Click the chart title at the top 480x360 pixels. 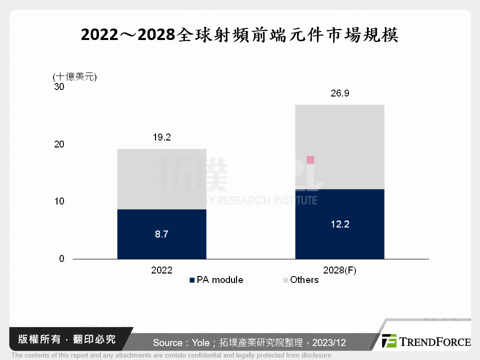point(239,35)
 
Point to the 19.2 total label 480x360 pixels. point(161,137)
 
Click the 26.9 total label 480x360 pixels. point(339,93)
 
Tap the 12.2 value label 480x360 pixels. point(339,224)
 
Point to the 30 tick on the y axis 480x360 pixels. point(59,87)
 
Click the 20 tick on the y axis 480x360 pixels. point(59,144)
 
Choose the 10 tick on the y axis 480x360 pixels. point(59,201)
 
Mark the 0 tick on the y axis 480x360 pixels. point(62,259)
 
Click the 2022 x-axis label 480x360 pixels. point(161,270)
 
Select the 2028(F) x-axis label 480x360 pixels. point(339,270)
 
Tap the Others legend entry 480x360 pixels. point(300,280)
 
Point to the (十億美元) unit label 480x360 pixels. point(74,76)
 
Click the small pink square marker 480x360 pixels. point(310,159)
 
